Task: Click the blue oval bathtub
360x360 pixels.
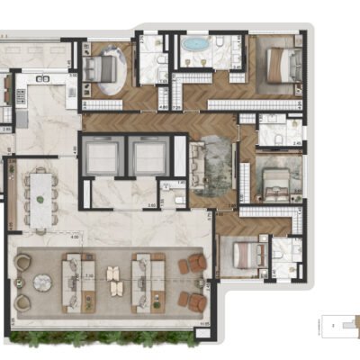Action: point(193,43)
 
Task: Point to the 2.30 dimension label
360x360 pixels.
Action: point(87,276)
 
